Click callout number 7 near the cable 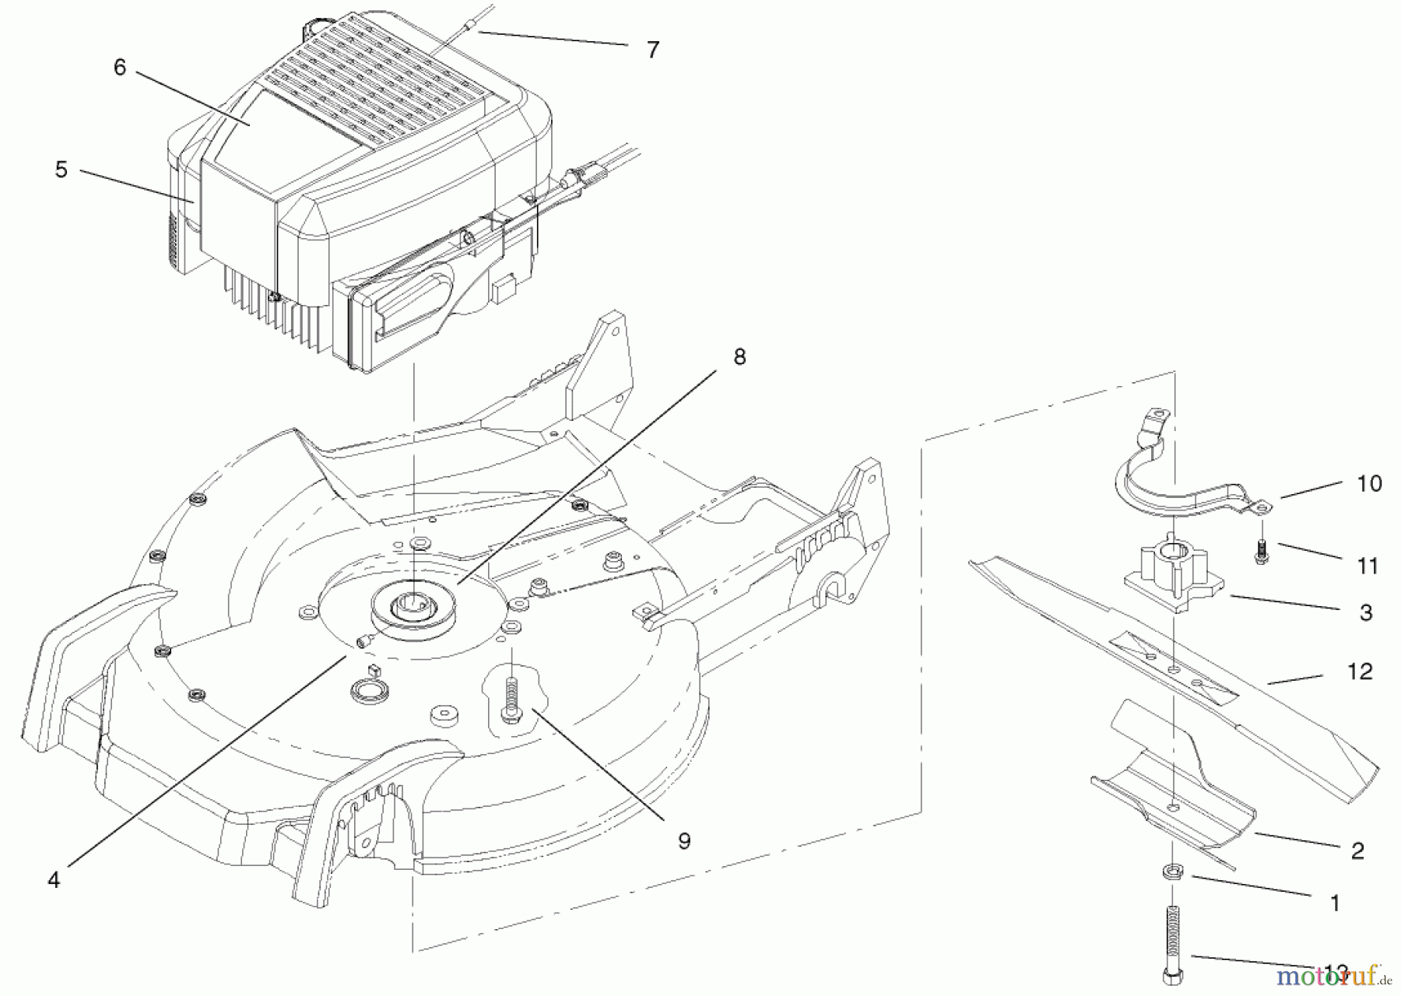pos(652,50)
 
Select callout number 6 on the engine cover pos(119,68)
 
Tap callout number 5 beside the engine pos(61,170)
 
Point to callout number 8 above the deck pos(739,356)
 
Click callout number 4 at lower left pos(53,880)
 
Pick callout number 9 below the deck pos(683,841)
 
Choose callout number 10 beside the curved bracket pos(1369,483)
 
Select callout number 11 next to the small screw pos(1368,566)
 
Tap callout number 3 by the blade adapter pos(1366,612)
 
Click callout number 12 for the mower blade pos(1359,671)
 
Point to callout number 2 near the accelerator pos(1357,850)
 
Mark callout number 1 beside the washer pos(1335,903)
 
